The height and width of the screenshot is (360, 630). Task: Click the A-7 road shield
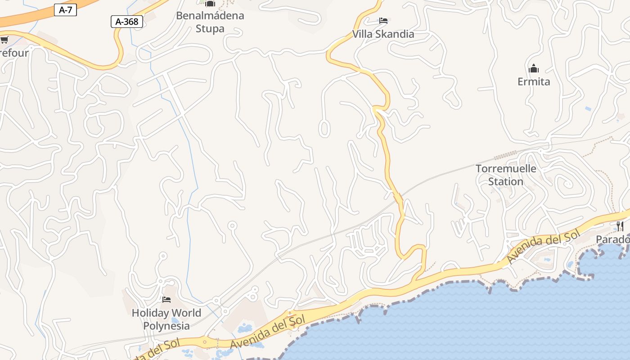65,10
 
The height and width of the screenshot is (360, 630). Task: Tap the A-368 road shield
127,21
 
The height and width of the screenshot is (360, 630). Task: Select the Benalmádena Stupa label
210,22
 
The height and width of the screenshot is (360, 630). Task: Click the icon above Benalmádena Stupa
210,4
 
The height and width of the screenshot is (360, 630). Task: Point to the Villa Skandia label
383,34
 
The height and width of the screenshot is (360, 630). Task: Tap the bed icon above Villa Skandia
383,21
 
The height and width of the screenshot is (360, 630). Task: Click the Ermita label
534,81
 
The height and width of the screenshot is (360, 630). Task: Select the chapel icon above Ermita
534,69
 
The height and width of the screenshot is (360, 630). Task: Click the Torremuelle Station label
506,175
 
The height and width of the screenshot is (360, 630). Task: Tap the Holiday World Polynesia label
166,319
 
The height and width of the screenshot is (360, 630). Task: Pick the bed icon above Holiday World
166,299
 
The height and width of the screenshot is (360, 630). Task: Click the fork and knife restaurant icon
620,225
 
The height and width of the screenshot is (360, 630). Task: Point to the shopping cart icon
4,40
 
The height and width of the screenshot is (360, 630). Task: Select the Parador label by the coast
613,239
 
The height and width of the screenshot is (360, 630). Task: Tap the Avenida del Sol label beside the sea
268,332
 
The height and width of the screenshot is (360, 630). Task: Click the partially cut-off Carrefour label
13,53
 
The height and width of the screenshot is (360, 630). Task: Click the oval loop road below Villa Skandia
324,129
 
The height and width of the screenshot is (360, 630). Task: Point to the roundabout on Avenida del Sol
205,342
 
